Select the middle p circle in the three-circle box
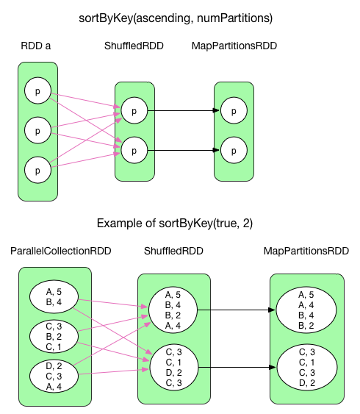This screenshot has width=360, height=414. [37, 130]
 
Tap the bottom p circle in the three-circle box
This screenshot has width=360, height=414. [37, 170]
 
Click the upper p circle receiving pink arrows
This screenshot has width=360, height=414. [134, 111]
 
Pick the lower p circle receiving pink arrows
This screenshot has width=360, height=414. [134, 150]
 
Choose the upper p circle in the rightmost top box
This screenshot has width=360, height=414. [234, 111]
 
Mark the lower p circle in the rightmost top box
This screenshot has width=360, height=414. [234, 150]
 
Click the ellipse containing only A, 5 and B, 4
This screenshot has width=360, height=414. [53, 296]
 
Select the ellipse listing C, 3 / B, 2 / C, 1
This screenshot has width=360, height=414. [53, 336]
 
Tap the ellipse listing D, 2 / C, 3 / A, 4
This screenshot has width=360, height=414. [53, 376]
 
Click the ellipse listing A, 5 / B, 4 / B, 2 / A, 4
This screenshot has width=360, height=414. [173, 310]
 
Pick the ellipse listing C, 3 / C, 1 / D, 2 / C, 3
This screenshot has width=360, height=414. [173, 367]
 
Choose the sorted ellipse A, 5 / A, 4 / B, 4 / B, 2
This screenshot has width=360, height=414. [306, 310]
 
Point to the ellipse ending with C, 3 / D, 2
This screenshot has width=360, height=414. [306, 367]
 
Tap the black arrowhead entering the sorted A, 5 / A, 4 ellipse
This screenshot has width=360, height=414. [273, 310]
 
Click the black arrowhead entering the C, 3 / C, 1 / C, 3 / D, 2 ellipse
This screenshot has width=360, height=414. [273, 367]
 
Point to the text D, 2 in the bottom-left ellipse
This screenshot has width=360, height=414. [53, 365]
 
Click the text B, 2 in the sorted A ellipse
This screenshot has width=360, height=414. [306, 325]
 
